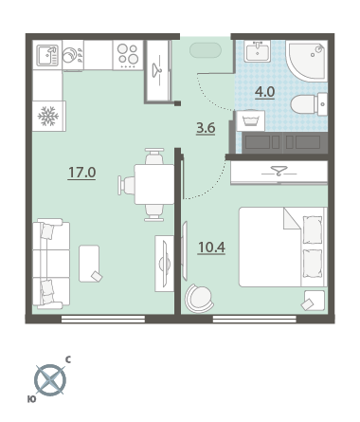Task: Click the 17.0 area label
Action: point(82,173)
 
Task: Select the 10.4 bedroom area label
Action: point(211,248)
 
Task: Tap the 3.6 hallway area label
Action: point(206,128)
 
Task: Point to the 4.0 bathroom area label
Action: point(264,92)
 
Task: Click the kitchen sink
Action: point(47,55)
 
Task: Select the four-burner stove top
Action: point(128,55)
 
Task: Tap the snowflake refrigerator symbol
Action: point(48,116)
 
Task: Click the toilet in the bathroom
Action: point(309,104)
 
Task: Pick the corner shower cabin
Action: point(307,60)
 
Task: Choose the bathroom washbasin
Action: point(258,51)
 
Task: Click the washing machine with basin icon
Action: point(251,120)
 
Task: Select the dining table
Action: point(154,184)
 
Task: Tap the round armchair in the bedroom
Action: point(199,299)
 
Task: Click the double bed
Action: point(282,247)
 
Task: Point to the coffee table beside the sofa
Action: point(89,264)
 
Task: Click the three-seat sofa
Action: point(50,264)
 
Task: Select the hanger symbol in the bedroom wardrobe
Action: point(279,173)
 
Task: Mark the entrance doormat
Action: point(206,50)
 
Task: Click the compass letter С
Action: point(68,359)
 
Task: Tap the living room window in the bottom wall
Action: point(103,319)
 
